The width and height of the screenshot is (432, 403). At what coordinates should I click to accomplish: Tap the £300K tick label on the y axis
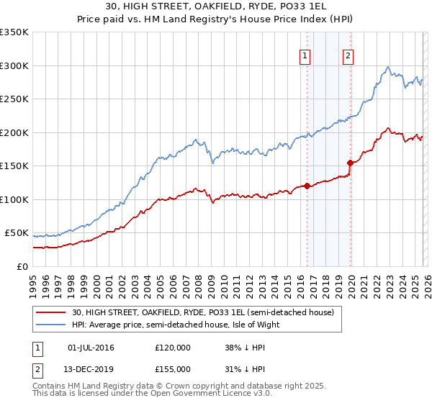click(14, 65)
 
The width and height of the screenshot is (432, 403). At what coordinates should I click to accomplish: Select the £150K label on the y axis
click(14, 166)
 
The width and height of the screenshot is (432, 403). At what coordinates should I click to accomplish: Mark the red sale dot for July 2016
click(307, 186)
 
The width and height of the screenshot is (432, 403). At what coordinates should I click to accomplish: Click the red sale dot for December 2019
click(350, 163)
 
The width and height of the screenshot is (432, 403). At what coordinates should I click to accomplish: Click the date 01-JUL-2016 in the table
click(91, 348)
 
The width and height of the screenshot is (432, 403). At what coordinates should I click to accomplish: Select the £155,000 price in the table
click(173, 369)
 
